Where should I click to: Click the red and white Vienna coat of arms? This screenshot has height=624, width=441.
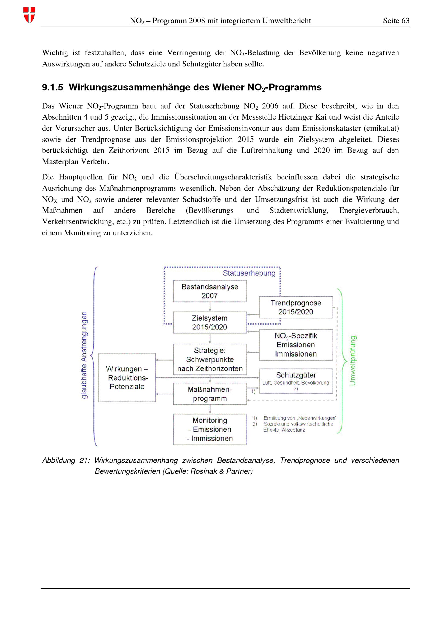[x=29, y=15]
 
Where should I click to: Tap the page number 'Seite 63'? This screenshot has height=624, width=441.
[x=396, y=21]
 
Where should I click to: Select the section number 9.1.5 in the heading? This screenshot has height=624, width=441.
[x=52, y=88]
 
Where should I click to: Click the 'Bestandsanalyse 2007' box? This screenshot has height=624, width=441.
[x=210, y=291]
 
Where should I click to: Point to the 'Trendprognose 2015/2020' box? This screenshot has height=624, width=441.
[x=296, y=307]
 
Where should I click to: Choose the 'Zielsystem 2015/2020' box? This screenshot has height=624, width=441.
[x=210, y=322]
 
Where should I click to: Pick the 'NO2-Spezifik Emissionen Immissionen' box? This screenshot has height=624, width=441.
[x=296, y=345]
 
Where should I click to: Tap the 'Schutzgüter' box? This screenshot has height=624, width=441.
[x=296, y=381]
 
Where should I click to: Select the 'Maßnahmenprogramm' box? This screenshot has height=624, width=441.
[x=210, y=394]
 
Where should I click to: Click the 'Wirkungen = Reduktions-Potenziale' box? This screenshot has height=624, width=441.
[x=127, y=377]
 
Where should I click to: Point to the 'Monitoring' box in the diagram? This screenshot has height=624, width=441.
[x=210, y=429]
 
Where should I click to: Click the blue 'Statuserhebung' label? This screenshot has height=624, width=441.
[x=249, y=273]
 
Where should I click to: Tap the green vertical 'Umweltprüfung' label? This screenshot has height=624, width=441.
[x=353, y=360]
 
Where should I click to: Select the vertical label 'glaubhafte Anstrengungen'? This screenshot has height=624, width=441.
[x=84, y=355]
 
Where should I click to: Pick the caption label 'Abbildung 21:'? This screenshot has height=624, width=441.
[x=65, y=460]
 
